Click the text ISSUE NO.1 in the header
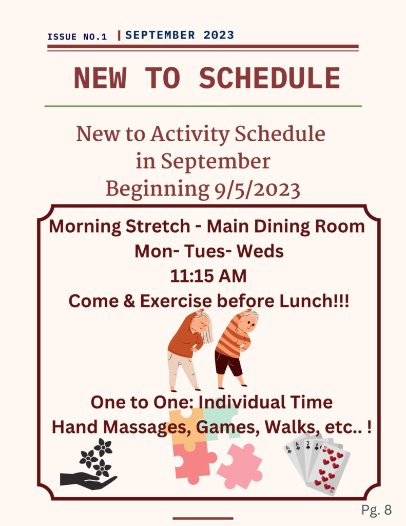click(x=77, y=36)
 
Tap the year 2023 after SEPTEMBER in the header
click(x=219, y=35)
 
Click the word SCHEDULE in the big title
click(x=269, y=78)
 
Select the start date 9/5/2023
click(x=257, y=190)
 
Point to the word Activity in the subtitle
click(x=190, y=134)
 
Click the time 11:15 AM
click(x=208, y=276)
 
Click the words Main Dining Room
click(x=286, y=227)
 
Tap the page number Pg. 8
click(x=377, y=510)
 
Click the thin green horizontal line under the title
click(x=203, y=106)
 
